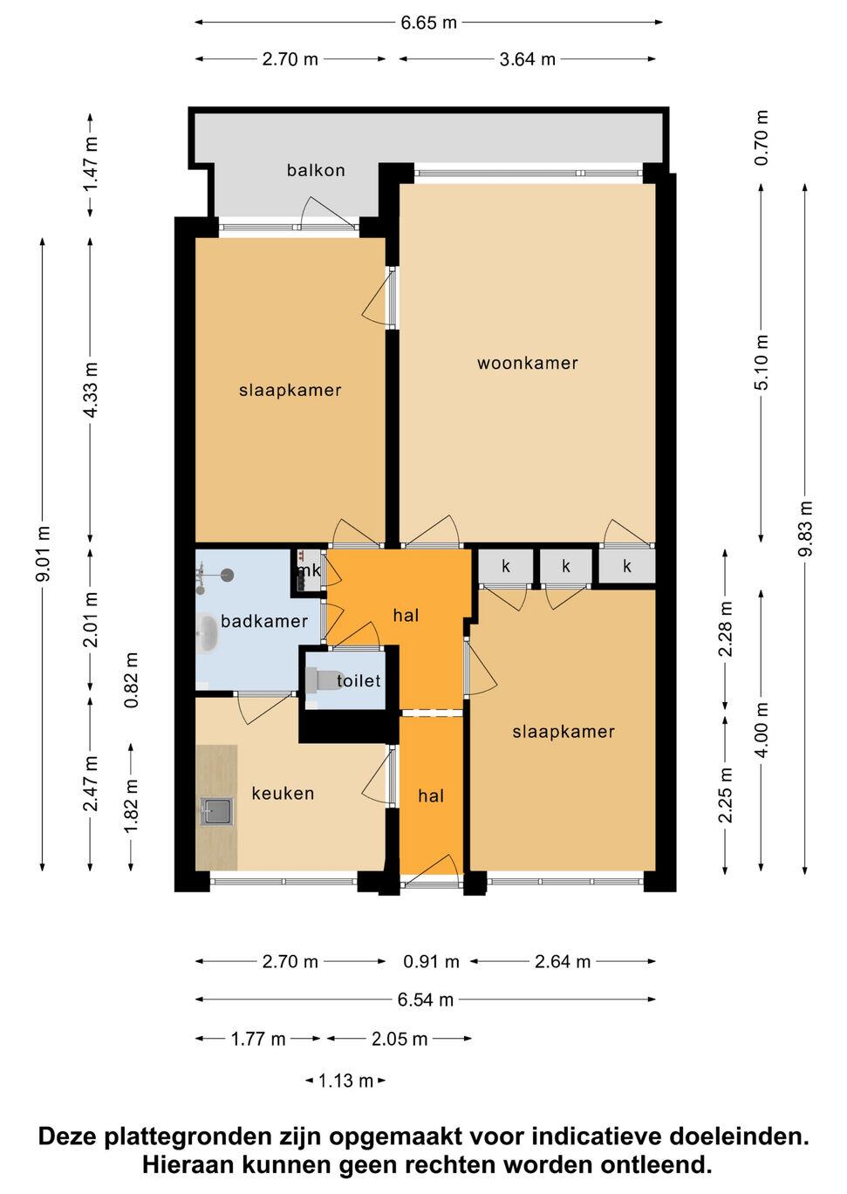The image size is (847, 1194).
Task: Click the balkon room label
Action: (316, 171)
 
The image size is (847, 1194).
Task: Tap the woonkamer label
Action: (527, 364)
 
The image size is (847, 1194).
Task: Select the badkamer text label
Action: (264, 621)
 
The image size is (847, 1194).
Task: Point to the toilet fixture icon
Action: (324, 680)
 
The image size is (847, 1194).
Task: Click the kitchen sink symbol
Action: (216, 811)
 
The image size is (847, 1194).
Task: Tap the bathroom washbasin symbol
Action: (208, 634)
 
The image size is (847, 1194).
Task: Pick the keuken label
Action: (283, 794)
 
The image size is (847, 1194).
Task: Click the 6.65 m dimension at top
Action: (428, 23)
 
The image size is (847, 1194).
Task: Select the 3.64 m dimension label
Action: (527, 59)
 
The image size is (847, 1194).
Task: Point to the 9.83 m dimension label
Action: (805, 529)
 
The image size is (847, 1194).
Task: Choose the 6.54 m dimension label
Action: (426, 1000)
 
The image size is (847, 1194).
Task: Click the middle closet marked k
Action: (566, 566)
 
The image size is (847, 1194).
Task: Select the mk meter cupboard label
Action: (309, 570)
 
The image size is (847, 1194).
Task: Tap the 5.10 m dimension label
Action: (762, 363)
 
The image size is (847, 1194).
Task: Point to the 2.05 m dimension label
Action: (400, 1039)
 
